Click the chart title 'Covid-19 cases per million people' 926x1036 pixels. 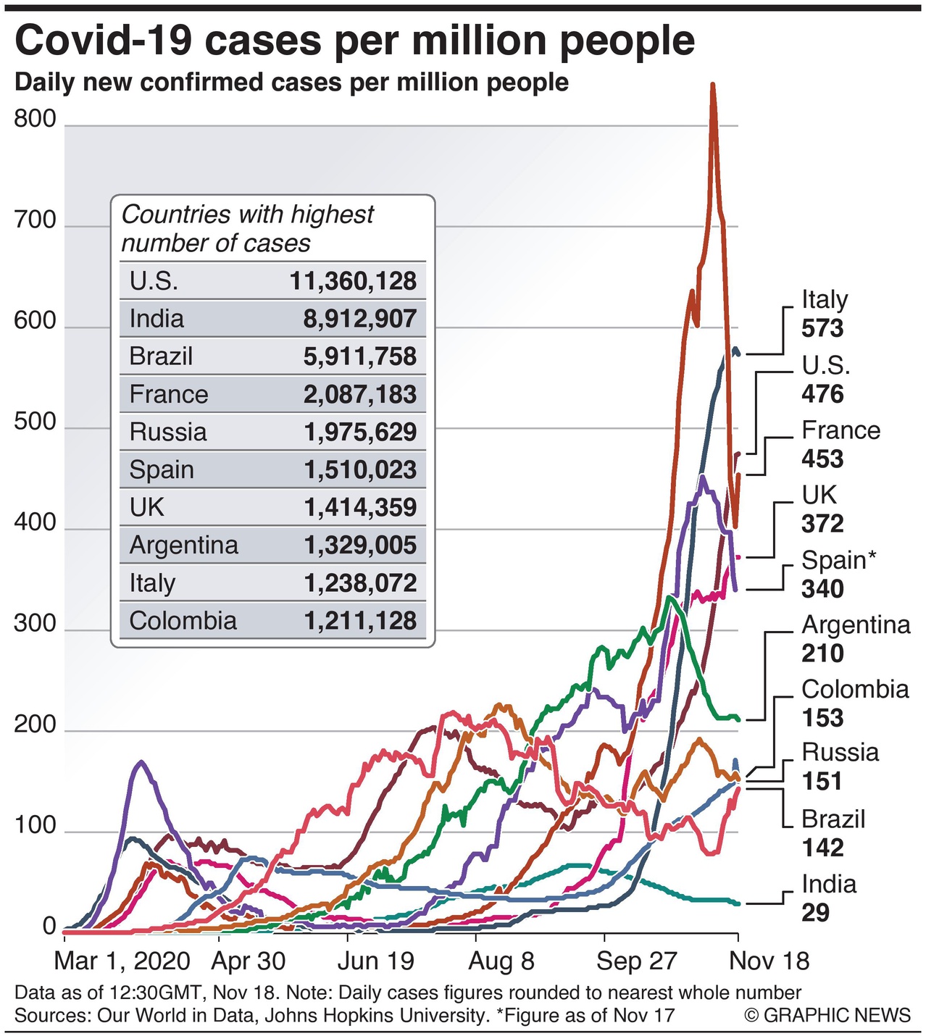(354, 41)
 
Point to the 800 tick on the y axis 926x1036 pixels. (35, 119)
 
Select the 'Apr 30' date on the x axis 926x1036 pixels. (249, 961)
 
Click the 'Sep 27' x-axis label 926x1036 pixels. (636, 961)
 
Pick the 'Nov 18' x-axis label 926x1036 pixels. (769, 961)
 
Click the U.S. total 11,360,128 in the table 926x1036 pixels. (354, 281)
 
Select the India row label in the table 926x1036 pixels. (157, 319)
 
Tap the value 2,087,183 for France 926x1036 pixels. (360, 394)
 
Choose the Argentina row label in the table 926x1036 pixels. (183, 545)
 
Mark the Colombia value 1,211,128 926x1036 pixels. (360, 621)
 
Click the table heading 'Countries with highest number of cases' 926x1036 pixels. (247, 228)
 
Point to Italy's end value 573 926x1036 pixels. (822, 329)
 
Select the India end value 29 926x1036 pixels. (815, 912)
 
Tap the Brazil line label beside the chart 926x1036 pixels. (833, 819)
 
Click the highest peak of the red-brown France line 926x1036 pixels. (713, 85)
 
